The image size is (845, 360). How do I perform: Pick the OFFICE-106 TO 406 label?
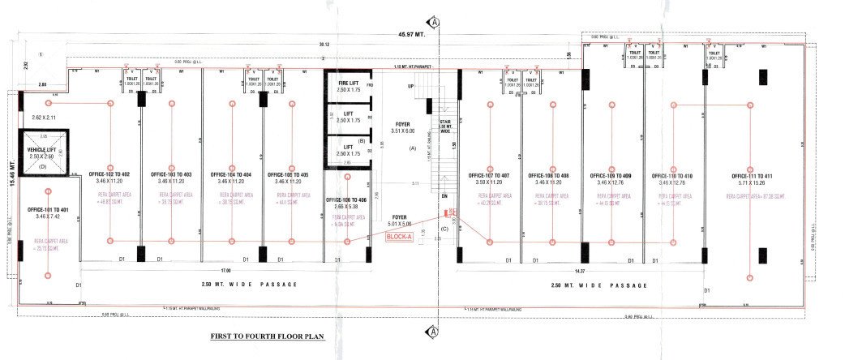click(x=348, y=199)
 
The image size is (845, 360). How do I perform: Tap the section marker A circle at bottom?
click(x=435, y=331)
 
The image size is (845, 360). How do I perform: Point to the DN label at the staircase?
click(x=444, y=196)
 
